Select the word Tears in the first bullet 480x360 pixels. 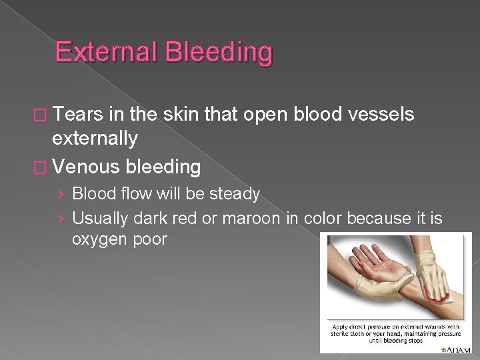(80, 115)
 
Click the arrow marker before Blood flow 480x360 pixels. (61, 195)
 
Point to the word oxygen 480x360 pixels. (99, 239)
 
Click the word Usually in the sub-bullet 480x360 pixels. (99, 217)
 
